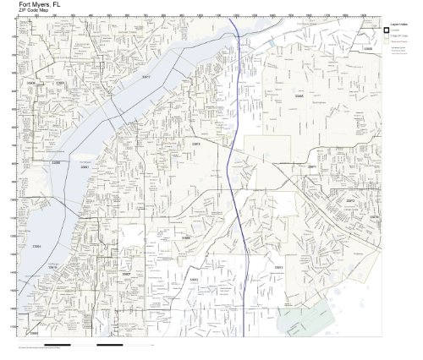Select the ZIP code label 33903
[x=32, y=84]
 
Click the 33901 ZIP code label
[x=84, y=167]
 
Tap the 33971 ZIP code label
[x=311, y=168]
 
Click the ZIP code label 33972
[x=350, y=200]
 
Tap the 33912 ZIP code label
[x=193, y=281]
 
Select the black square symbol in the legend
[x=387, y=30]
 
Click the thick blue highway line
[x=241, y=186]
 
